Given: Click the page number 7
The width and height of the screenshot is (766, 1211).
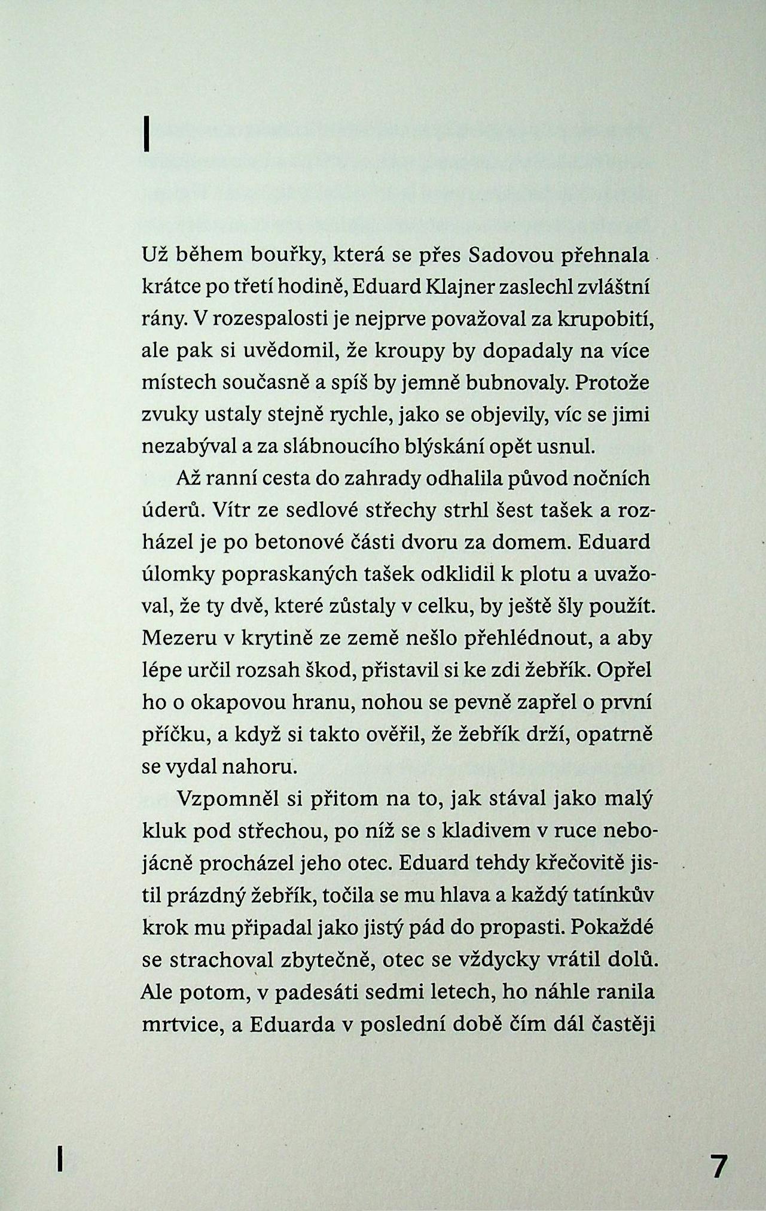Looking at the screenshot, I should point(718,1166).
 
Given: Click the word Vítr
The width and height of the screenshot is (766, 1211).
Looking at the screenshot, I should point(245,512).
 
